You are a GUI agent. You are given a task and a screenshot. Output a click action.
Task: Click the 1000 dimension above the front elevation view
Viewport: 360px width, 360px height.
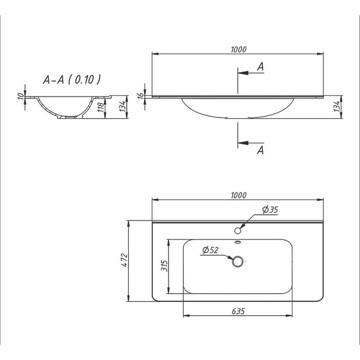238,49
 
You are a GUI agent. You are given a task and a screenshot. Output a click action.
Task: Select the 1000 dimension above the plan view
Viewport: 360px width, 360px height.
238,195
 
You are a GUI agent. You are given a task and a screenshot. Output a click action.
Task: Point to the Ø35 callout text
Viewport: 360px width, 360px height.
270,210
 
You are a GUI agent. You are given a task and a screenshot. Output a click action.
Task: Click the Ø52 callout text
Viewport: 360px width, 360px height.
210,250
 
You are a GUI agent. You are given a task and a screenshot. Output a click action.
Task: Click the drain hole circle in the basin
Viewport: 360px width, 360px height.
238,261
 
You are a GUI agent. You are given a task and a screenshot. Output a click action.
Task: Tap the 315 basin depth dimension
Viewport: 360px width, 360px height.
163,266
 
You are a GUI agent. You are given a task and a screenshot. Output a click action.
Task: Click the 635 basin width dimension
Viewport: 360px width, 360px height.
238,311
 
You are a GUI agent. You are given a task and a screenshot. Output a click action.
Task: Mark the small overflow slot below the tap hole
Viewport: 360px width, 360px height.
238,242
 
